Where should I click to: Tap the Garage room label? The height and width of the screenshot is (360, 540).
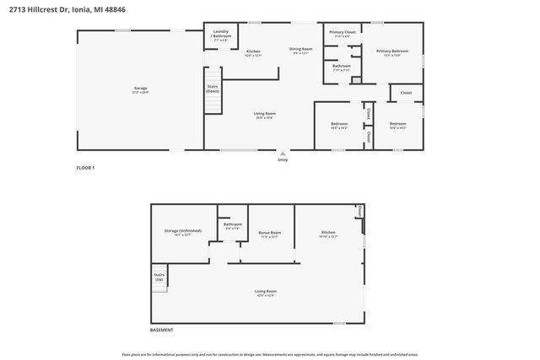pyautogui.click(x=139, y=89)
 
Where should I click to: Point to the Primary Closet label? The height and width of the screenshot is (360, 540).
pyautogui.click(x=343, y=34)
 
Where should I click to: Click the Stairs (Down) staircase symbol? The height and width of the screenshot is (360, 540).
pyautogui.click(x=213, y=99)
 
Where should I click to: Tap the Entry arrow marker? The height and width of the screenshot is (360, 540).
pyautogui.click(x=283, y=154)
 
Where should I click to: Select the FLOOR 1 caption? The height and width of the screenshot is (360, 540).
pyautogui.click(x=85, y=169)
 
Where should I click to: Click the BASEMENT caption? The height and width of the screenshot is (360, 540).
pyautogui.click(x=164, y=330)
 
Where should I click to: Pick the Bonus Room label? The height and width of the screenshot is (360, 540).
pyautogui.click(x=269, y=234)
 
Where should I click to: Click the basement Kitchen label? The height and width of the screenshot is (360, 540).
pyautogui.click(x=328, y=234)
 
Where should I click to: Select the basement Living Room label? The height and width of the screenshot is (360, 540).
pyautogui.click(x=266, y=293)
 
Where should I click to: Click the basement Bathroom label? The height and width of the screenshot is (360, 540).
pyautogui.click(x=232, y=226)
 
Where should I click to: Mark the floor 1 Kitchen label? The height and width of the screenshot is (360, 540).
pyautogui.click(x=253, y=53)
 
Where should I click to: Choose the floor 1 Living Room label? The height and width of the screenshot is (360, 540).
pyautogui.click(x=266, y=115)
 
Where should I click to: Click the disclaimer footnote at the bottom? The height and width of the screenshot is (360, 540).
pyautogui.click(x=269, y=354)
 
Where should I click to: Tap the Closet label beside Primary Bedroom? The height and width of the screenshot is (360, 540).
pyautogui.click(x=406, y=93)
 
